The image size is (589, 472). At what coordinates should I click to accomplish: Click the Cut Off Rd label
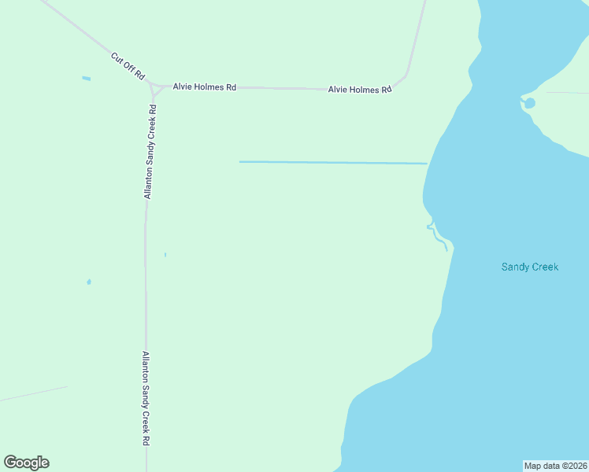click(128, 65)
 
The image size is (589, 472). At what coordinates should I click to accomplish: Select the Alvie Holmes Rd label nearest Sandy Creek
click(360, 90)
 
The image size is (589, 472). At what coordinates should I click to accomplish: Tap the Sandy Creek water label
click(530, 267)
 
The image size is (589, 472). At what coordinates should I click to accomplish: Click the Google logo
click(27, 463)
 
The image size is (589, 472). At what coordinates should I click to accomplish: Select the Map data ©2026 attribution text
click(556, 466)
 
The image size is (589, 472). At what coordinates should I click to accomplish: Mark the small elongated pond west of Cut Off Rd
click(86, 79)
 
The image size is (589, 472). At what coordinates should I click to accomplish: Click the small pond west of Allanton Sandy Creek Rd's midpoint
click(89, 282)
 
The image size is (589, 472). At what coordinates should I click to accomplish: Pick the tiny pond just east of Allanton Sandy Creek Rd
click(165, 254)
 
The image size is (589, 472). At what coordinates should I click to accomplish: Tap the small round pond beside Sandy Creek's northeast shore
click(530, 103)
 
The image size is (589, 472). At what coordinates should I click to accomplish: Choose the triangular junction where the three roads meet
click(154, 87)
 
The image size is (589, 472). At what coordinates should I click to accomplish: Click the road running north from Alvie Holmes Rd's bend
click(417, 39)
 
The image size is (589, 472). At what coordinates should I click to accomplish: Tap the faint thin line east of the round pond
click(567, 93)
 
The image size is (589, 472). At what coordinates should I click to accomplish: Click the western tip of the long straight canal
click(241, 162)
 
